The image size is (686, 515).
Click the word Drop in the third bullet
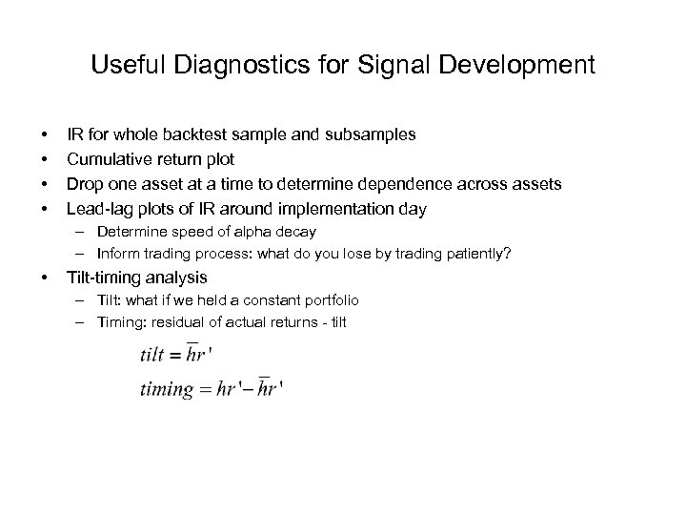pos(83,183)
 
